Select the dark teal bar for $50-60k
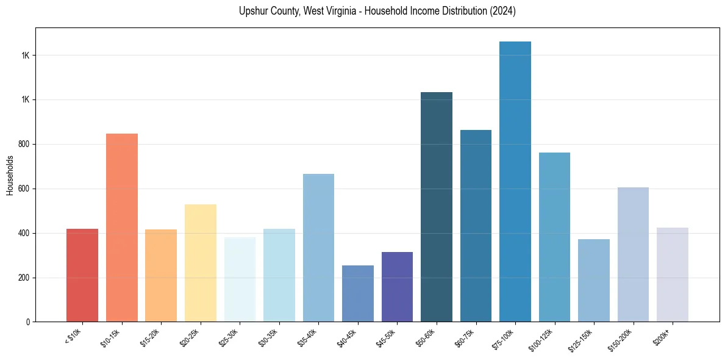coord(437,207)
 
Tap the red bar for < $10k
coord(82,275)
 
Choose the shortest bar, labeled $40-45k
coord(358,293)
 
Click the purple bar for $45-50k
coord(397,287)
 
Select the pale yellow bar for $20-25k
coord(201,263)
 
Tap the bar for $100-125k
coord(554,237)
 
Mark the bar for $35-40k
coord(318,248)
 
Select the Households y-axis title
coord(10,175)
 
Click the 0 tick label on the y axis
coord(28,322)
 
